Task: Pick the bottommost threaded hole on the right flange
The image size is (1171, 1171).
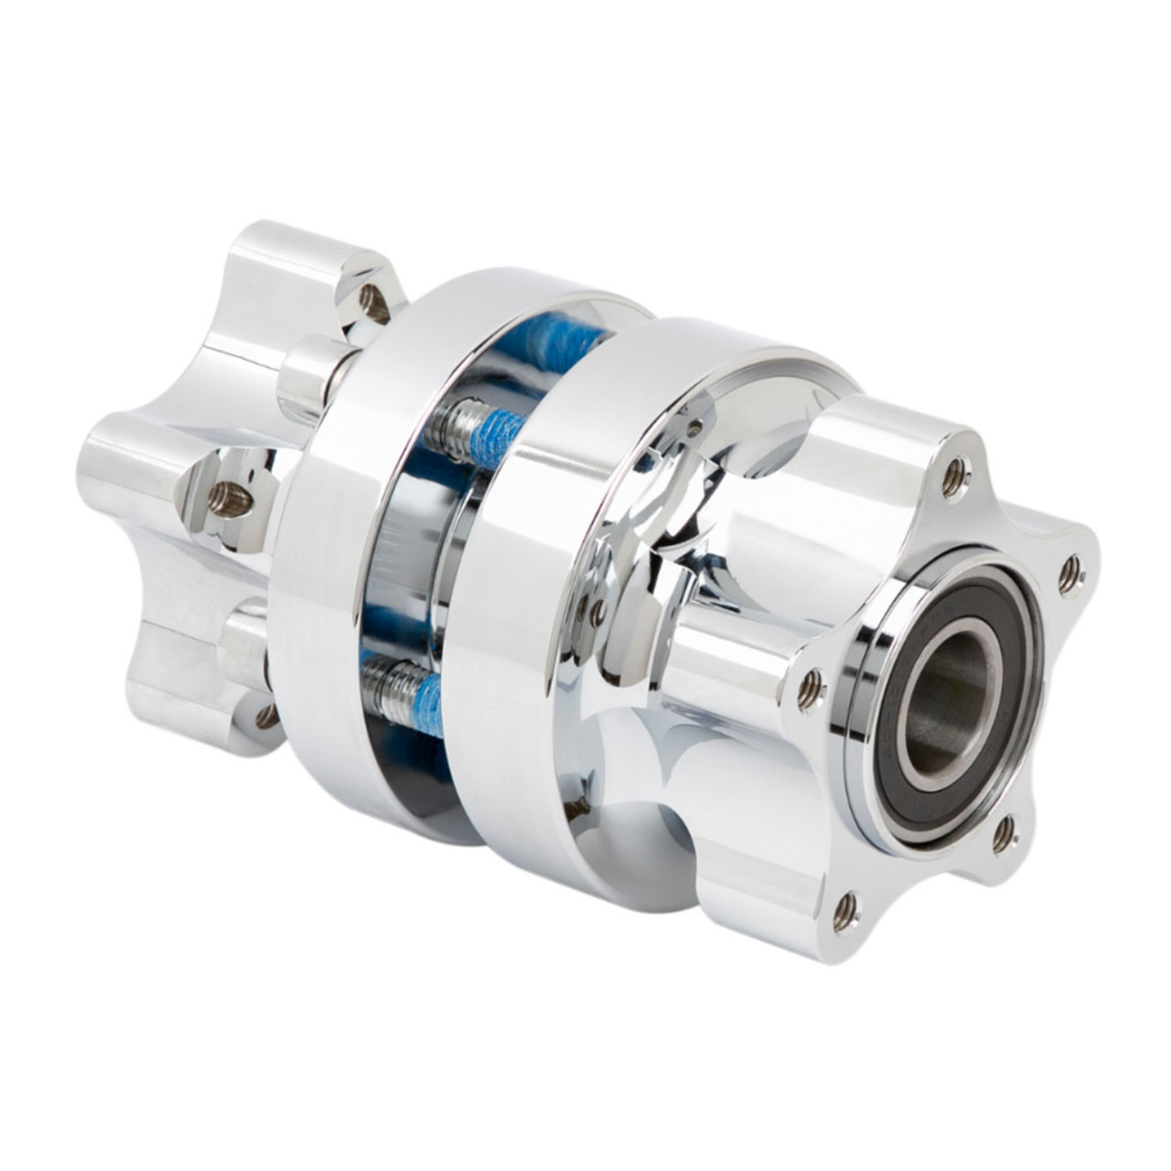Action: click(845, 908)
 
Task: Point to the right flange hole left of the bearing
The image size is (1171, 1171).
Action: click(809, 693)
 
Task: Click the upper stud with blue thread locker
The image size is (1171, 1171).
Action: click(476, 423)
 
